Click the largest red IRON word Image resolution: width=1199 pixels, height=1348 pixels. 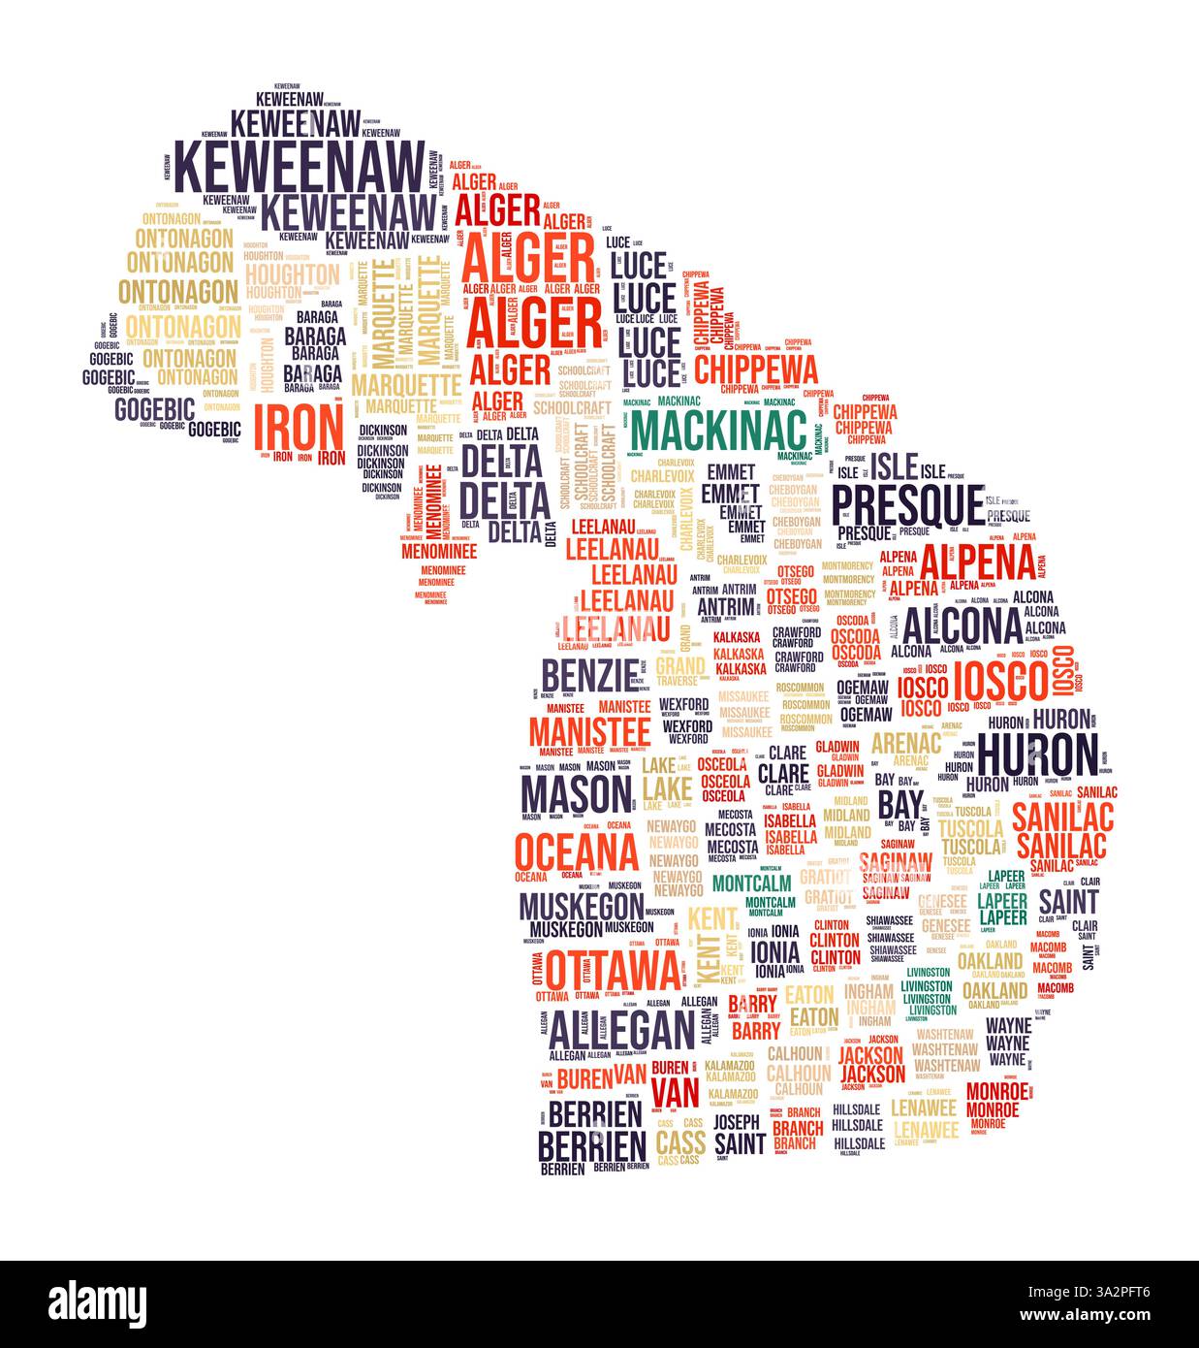(x=298, y=427)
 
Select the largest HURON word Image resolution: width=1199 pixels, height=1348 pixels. (x=1038, y=754)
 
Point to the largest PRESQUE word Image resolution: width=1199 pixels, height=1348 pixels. (x=908, y=503)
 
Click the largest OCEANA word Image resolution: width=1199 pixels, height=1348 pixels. (x=577, y=852)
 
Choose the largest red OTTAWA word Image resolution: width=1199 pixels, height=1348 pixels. (x=613, y=968)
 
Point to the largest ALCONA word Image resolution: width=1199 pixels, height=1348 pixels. (x=963, y=626)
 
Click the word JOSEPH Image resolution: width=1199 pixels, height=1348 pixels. (x=738, y=1122)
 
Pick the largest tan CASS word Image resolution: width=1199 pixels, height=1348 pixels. (x=680, y=1141)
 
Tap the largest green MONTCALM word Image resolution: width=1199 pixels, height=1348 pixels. (x=751, y=883)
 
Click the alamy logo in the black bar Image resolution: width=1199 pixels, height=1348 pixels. (x=97, y=1302)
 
